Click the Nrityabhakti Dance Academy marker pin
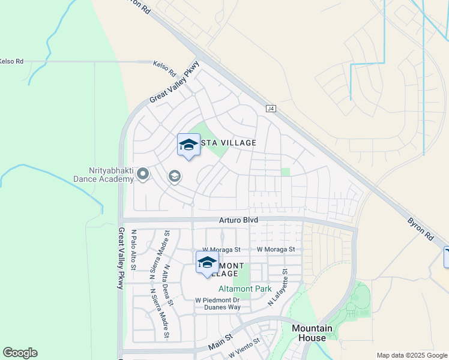[143, 175]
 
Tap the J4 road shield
[271, 109]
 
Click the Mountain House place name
[312, 333]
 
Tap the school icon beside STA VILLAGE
[188, 145]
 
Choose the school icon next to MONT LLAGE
[207, 262]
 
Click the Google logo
[20, 353]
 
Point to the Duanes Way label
[223, 307]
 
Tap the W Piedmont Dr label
[217, 300]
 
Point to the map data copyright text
[412, 355]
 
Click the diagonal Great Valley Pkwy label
[174, 85]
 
